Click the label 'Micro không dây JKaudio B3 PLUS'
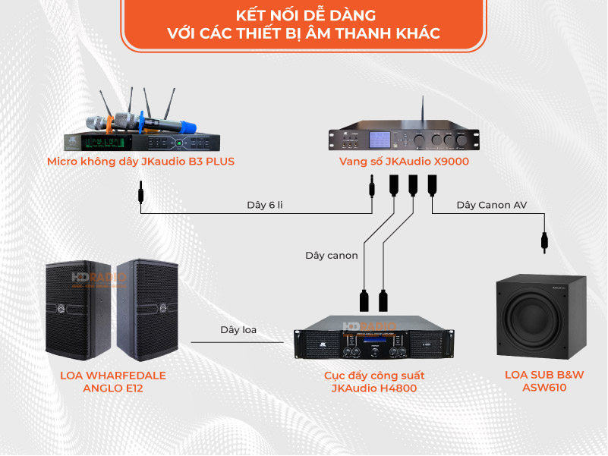(140, 161)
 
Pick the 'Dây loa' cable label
(238, 329)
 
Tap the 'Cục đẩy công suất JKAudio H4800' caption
(373, 382)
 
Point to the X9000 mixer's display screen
(380, 140)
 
